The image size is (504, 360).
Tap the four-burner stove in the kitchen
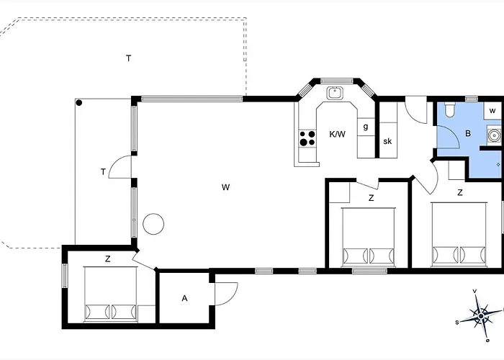pyautogui.click(x=308, y=138)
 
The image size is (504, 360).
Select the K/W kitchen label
pyautogui.click(x=338, y=134)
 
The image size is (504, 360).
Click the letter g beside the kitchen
pyautogui.click(x=366, y=127)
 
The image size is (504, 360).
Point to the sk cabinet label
pyautogui.click(x=387, y=141)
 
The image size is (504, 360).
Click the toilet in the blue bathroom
pyautogui.click(x=450, y=110)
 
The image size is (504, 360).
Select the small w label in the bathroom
pyautogui.click(x=492, y=110)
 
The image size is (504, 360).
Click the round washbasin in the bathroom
pyautogui.click(x=494, y=134)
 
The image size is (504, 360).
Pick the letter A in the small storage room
pyautogui.click(x=185, y=297)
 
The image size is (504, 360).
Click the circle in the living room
pyautogui.click(x=153, y=224)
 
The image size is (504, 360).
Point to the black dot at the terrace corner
pyautogui.click(x=79, y=103)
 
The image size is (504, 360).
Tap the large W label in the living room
pyautogui.click(x=225, y=187)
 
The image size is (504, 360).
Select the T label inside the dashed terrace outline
pyautogui.click(x=128, y=58)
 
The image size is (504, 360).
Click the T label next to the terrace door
pyautogui.click(x=103, y=171)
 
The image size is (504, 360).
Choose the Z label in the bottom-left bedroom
pyautogui.click(x=107, y=258)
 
